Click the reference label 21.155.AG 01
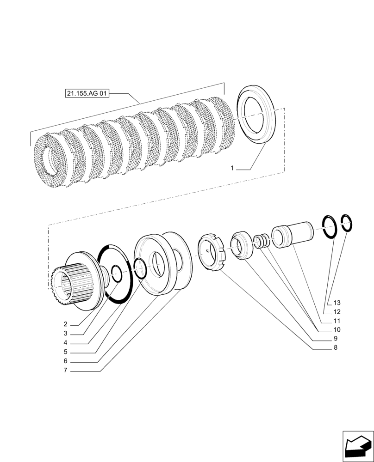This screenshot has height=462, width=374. (x=87, y=94)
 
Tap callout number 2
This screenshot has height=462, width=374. (x=66, y=324)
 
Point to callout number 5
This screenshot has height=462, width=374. (x=66, y=352)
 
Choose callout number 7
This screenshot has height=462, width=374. (x=66, y=371)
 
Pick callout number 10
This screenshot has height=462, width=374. (x=337, y=330)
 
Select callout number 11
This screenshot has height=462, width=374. (x=337, y=321)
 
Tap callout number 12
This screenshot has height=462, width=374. (x=337, y=312)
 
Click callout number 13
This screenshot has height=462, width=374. (x=337, y=303)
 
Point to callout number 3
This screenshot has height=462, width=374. (x=66, y=334)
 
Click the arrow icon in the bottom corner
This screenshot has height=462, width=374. (x=357, y=446)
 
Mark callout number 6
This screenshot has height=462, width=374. (x=66, y=361)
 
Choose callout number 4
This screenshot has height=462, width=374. (x=66, y=343)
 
